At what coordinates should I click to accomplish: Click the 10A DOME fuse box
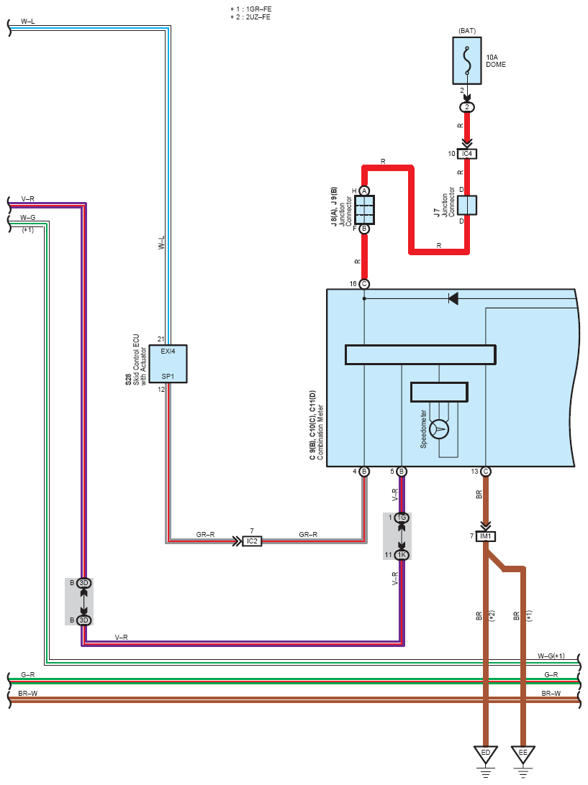tap(467, 60)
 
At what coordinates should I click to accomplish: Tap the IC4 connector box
tap(467, 154)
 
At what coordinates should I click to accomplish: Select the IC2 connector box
tap(252, 541)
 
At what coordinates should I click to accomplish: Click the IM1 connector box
tap(485, 536)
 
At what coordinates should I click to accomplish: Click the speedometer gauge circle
tap(440, 429)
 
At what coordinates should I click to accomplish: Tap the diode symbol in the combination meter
tap(453, 299)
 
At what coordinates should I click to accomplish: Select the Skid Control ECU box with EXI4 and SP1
tap(168, 364)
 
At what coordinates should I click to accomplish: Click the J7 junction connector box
tap(467, 206)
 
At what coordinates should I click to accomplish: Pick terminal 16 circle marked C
tap(364, 284)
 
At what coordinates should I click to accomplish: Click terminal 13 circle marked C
tap(485, 471)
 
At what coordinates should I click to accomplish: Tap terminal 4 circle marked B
tap(364, 471)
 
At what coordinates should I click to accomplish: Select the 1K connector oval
tap(402, 555)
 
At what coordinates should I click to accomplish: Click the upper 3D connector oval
tap(84, 583)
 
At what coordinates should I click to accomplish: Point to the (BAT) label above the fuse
tap(467, 31)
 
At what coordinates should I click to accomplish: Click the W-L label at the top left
tap(27, 22)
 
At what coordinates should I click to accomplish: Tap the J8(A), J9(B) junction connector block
tap(364, 210)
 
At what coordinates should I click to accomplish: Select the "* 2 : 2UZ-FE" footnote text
tap(250, 17)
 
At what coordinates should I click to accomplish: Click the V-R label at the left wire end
tap(27, 198)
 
